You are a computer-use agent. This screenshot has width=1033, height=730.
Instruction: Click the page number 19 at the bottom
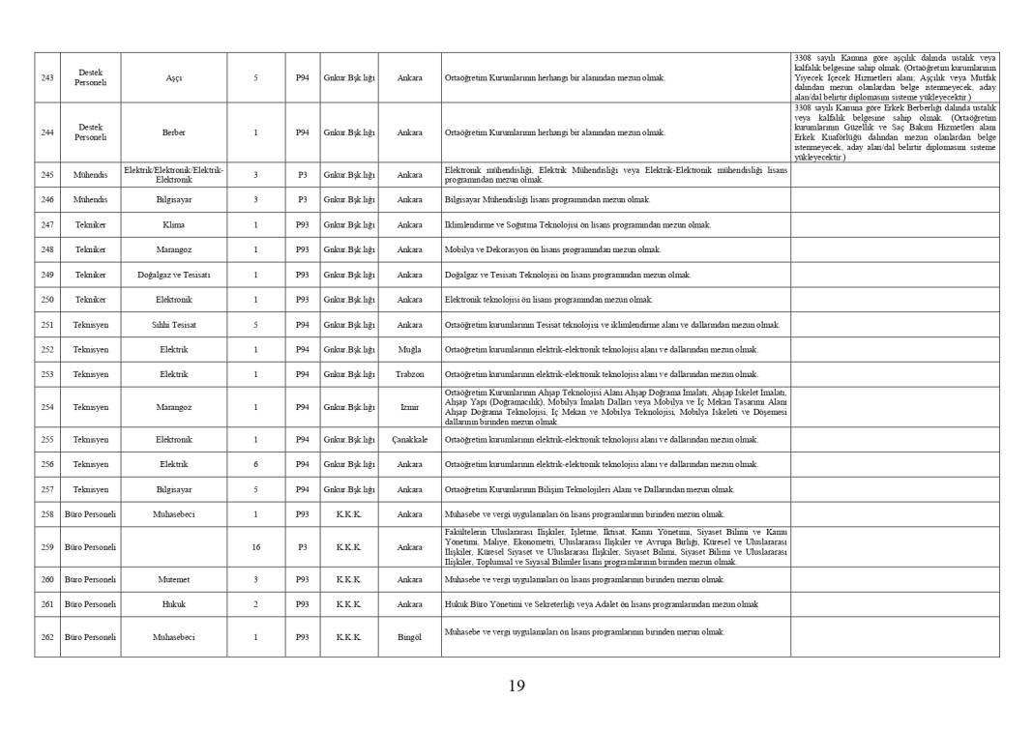(516, 686)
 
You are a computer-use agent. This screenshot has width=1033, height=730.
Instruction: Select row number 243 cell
(47, 77)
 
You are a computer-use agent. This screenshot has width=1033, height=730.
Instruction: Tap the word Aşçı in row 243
(174, 77)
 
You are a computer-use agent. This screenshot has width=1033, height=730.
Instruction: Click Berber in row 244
(174, 132)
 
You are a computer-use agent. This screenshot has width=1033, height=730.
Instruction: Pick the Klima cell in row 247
(174, 224)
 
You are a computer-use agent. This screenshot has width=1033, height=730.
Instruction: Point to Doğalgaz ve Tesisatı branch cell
(174, 275)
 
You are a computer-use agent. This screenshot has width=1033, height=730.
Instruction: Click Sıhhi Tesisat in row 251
(174, 325)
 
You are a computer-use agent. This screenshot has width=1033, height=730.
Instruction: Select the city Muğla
(409, 349)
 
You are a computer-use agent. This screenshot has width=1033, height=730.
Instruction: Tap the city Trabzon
(409, 374)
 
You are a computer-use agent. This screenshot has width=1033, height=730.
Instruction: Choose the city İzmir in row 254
(409, 407)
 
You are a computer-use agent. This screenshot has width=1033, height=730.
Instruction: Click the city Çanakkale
(409, 439)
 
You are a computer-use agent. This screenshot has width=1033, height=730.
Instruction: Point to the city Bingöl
(409, 637)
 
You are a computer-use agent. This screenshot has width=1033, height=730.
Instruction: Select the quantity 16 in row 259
(255, 547)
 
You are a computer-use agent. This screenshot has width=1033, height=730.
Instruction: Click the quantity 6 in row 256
(255, 464)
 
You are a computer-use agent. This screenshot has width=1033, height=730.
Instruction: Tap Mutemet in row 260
(174, 579)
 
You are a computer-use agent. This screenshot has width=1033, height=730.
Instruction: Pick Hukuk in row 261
(174, 604)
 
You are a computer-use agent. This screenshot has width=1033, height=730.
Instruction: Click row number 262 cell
(47, 637)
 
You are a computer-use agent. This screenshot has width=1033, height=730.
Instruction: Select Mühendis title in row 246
(90, 199)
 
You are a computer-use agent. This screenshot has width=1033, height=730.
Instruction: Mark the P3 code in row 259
(302, 547)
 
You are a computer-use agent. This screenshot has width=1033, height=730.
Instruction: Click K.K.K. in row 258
(348, 514)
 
